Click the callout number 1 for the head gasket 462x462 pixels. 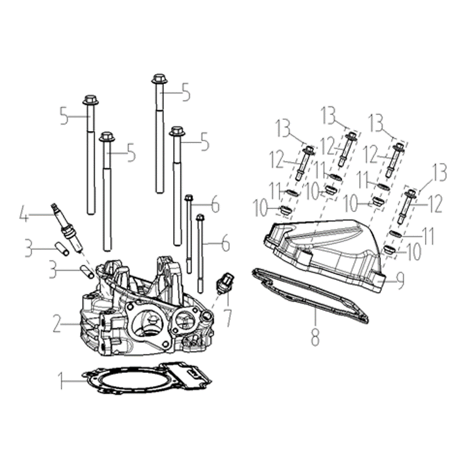(x=61, y=380)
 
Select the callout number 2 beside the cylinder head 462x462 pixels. (x=58, y=323)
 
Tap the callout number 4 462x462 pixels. (x=24, y=214)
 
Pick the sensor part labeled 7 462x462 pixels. (x=226, y=284)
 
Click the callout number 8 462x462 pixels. (x=315, y=337)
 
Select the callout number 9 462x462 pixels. (x=399, y=281)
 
